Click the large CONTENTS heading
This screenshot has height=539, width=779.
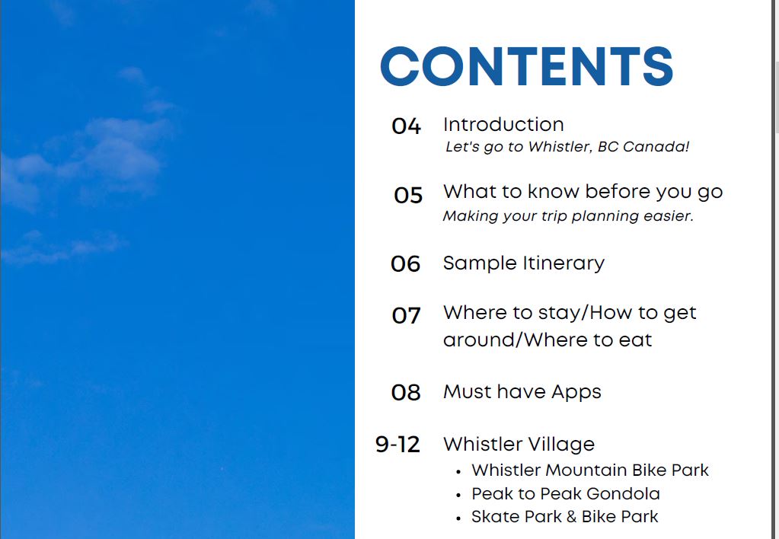(x=526, y=66)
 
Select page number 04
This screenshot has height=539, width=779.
(x=406, y=126)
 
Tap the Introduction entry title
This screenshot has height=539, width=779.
(x=503, y=124)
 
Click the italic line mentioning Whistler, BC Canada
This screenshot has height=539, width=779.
(x=567, y=147)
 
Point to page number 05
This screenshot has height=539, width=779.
(x=408, y=196)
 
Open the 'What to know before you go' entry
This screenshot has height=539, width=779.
(x=583, y=191)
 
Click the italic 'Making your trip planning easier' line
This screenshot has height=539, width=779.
(x=568, y=216)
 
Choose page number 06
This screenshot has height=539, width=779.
(x=406, y=264)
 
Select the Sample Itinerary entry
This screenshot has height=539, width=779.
(x=524, y=263)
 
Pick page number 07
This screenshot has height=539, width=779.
(x=406, y=315)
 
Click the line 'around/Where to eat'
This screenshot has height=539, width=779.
(x=548, y=340)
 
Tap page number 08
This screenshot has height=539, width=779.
(x=406, y=393)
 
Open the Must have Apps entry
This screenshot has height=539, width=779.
(x=522, y=392)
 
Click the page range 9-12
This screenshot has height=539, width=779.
(x=397, y=445)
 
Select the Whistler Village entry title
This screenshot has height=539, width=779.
(x=519, y=444)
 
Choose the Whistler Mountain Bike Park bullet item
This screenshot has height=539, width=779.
(x=590, y=470)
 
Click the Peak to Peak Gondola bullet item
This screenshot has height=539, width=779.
(x=566, y=493)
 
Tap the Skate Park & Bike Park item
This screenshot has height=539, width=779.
(x=565, y=516)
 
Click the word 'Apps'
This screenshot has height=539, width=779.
(x=576, y=393)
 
